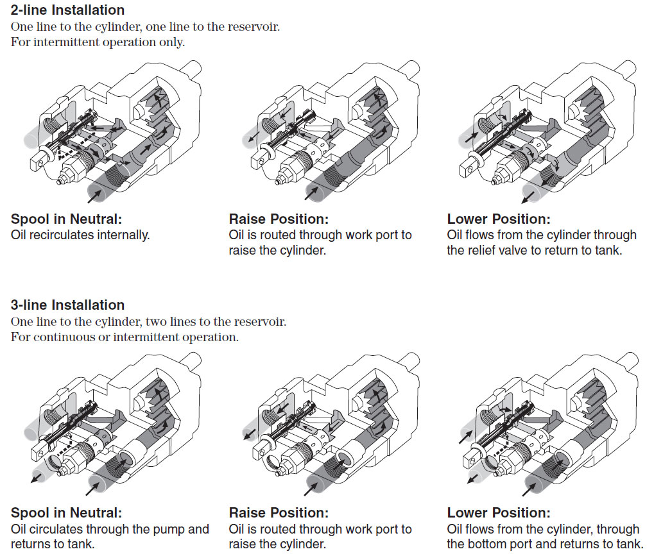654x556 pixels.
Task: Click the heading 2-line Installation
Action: pos(67,10)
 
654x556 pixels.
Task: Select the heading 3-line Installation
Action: pos(67,305)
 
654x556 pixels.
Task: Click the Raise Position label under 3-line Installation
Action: pos(279,513)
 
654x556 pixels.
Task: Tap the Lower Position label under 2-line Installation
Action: pos(499,219)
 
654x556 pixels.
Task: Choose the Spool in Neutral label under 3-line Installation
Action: pos(66,513)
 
